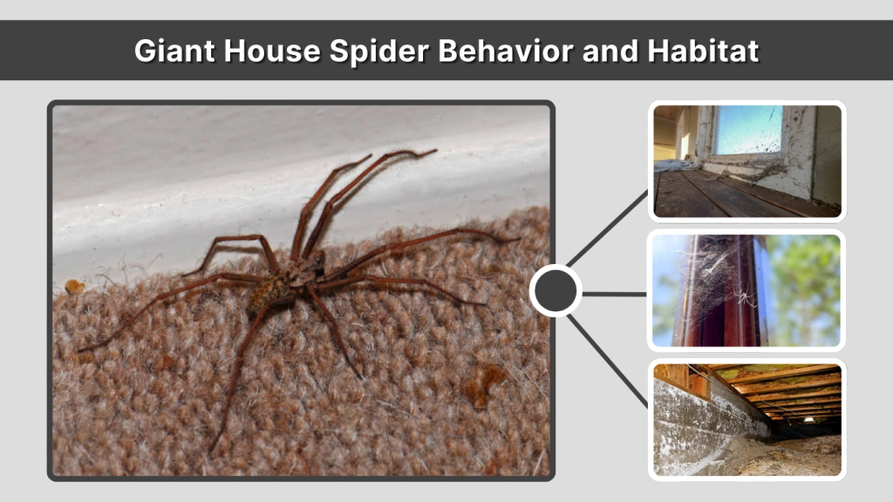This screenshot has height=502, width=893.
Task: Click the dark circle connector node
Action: [x=556, y=291]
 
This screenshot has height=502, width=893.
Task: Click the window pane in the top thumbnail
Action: [x=747, y=129]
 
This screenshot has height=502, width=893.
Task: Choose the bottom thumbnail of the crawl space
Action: [x=746, y=419]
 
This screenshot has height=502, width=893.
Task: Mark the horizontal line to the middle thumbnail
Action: [x=615, y=294]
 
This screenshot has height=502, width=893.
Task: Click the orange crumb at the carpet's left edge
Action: [x=76, y=286]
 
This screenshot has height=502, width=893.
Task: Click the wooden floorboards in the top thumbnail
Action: [x=715, y=193]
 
